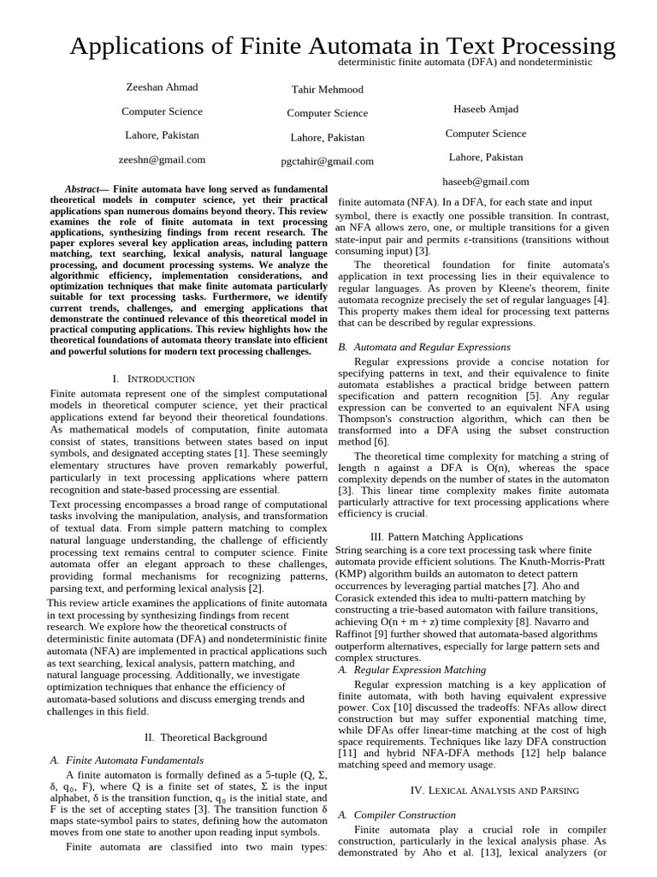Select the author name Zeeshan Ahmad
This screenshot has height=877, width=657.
pyautogui.click(x=162, y=87)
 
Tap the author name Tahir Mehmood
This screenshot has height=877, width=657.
pyautogui.click(x=327, y=89)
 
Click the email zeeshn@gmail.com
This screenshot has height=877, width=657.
pyautogui.click(x=162, y=159)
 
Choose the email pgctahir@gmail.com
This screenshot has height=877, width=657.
pyautogui.click(x=327, y=161)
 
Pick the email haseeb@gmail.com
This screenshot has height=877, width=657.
pyautogui.click(x=485, y=181)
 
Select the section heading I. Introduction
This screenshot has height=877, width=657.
pyautogui.click(x=154, y=378)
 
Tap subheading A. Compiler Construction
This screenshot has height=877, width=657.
pyautogui.click(x=397, y=814)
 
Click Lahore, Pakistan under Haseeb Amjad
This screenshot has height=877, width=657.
pyautogui.click(x=485, y=157)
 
